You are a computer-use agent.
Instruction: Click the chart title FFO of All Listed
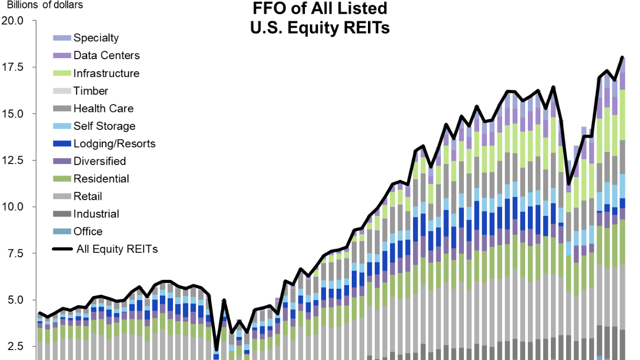319,9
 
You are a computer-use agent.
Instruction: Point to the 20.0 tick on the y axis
13,21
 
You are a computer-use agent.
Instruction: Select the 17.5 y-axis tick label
13,67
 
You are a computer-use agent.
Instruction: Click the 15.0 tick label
13,114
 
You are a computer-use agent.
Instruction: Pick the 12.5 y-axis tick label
13,160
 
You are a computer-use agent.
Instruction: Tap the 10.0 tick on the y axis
13,207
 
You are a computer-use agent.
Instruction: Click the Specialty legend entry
96,38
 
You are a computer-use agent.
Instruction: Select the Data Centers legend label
106,55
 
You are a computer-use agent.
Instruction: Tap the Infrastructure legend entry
106,73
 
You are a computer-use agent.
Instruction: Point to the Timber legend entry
91,91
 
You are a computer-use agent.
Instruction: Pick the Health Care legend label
103,108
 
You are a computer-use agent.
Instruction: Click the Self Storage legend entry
104,126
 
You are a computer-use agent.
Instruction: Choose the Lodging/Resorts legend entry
114,144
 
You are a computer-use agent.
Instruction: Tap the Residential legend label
101,179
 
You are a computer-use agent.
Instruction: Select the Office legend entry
88,231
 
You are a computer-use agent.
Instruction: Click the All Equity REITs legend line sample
62,249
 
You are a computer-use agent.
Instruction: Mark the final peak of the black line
622,57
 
